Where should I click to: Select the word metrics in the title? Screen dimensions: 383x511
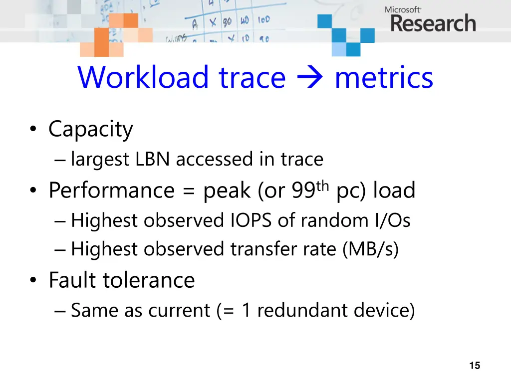[x=384, y=78]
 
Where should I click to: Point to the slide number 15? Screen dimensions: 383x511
[x=475, y=366]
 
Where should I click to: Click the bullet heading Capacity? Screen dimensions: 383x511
[x=91, y=130]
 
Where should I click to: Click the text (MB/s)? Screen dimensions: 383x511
[x=370, y=250]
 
